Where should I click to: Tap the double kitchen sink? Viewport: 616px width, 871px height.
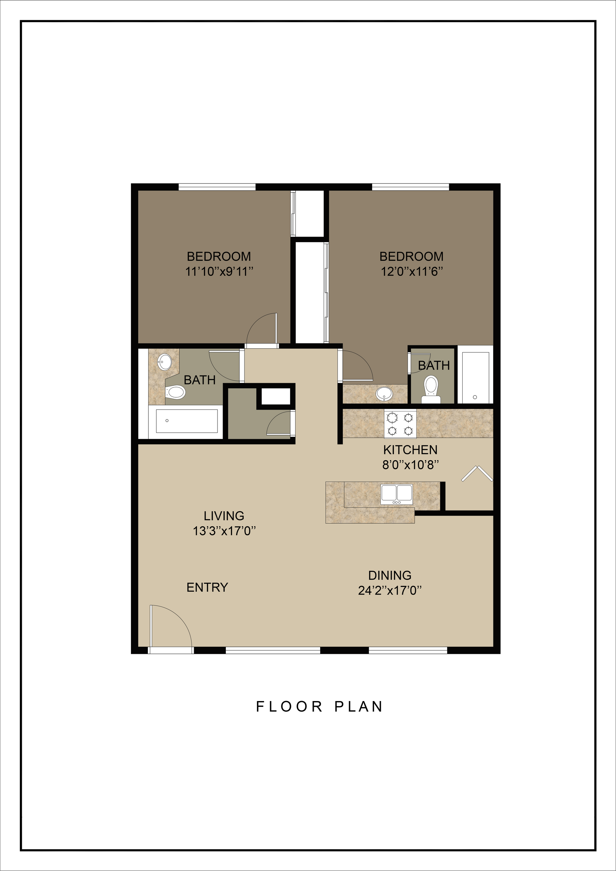click(x=397, y=494)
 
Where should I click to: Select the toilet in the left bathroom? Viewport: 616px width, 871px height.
click(x=175, y=392)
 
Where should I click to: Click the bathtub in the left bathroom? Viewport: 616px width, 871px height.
click(x=187, y=421)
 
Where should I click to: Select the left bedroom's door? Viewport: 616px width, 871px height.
click(x=262, y=330)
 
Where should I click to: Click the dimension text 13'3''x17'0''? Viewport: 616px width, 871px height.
click(x=224, y=531)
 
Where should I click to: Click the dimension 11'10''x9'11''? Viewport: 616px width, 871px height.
click(x=219, y=272)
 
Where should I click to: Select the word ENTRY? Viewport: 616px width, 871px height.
click(x=207, y=587)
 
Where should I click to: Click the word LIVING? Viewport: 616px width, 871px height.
click(x=224, y=516)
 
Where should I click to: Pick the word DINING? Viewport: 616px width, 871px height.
click(x=390, y=575)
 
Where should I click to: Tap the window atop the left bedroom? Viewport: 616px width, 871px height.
click(x=217, y=187)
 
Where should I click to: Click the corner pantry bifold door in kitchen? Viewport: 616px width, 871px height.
click(x=477, y=473)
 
